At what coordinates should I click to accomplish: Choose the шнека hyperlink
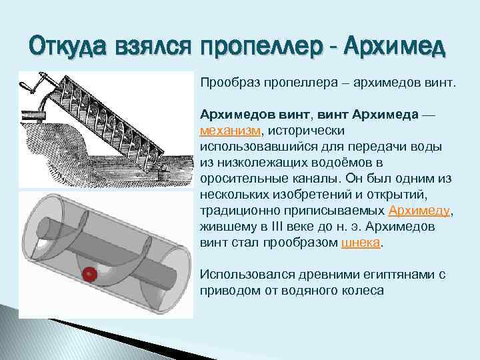click(x=359, y=243)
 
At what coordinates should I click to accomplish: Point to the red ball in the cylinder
click(x=89, y=273)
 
